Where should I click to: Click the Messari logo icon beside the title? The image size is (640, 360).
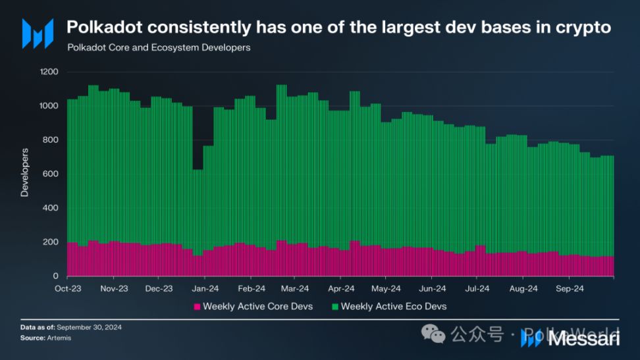[38, 33]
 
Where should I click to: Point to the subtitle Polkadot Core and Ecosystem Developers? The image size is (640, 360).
[159, 48]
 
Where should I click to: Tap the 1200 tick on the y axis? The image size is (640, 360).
[49, 72]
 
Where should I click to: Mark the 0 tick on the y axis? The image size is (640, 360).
[56, 276]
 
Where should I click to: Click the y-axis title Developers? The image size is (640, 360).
[25, 172]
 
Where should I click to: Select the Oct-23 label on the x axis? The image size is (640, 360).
[68, 288]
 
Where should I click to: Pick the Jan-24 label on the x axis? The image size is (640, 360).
[206, 288]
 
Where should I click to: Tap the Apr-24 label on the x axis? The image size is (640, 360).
[341, 288]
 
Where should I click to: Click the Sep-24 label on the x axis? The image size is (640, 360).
[570, 288]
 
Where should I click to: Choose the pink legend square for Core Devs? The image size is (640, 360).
[197, 307]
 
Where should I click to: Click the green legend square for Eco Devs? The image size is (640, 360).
[334, 307]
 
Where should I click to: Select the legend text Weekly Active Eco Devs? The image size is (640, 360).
[393, 307]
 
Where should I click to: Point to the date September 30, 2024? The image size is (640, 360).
[89, 327]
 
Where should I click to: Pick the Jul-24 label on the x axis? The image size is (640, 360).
[477, 288]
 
